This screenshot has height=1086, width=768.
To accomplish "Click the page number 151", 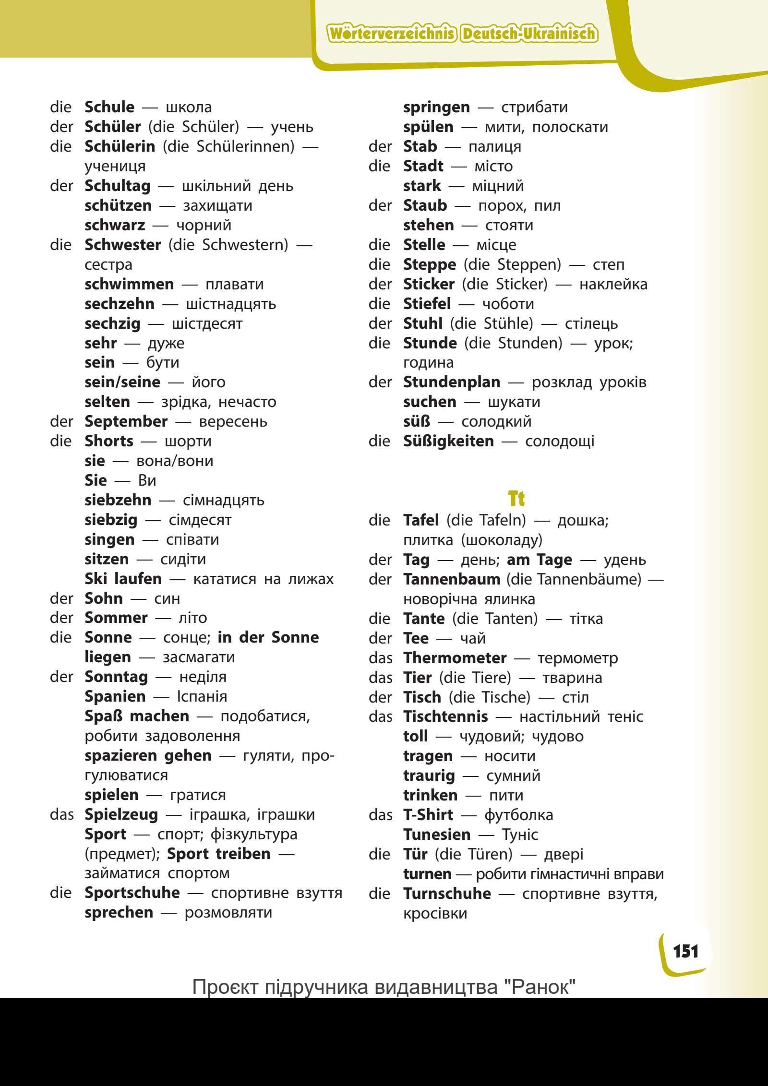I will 686,951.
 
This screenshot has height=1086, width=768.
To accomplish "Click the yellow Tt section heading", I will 516,499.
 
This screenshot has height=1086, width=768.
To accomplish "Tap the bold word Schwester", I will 122,245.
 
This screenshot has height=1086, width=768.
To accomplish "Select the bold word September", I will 126,421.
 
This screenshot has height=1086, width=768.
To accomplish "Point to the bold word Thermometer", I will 455,657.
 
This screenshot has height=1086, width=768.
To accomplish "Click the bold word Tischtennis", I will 445,716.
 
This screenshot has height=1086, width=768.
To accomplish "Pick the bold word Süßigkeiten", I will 448,441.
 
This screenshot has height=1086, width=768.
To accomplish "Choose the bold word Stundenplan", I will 451,382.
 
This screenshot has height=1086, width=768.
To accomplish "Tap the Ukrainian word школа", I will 189,107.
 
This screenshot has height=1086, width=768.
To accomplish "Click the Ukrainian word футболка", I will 518,815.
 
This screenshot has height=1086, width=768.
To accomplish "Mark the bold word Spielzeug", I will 121,814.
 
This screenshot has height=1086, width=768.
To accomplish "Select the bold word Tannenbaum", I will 451,579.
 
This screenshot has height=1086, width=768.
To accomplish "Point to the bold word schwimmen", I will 129,284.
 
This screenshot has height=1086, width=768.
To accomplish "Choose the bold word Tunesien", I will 437,835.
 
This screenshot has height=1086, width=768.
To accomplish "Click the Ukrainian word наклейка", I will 613,284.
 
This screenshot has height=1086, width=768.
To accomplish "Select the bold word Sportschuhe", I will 132,893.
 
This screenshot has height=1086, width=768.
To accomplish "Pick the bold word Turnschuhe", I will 447,894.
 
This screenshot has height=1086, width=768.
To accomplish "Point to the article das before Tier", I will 380,678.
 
